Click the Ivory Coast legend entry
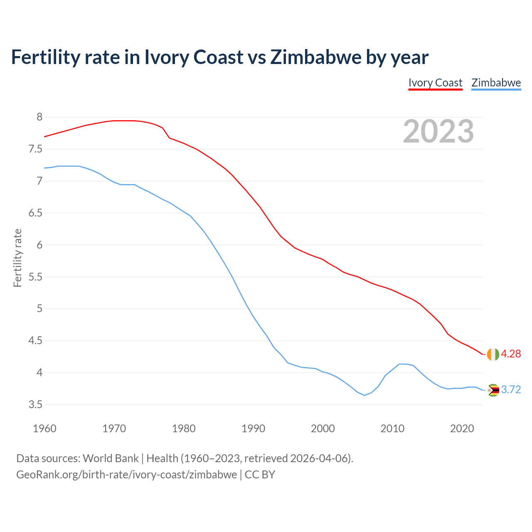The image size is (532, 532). point(435,83)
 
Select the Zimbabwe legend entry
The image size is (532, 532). point(496,83)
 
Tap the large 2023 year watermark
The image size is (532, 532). point(438,131)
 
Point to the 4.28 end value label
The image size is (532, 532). point(511,354)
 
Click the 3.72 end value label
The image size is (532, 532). point(511,389)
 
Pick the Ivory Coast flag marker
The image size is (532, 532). point(493,354)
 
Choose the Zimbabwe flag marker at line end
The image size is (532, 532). point(493,390)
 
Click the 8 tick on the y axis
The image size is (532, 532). point(39,117)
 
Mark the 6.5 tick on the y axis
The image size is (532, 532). point(36,213)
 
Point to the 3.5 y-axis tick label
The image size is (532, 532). point(36,404)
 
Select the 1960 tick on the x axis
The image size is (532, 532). point(44,429)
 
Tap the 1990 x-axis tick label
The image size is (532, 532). point(253,429)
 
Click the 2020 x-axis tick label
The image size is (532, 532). point(462,429)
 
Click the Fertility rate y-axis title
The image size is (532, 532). point(17,258)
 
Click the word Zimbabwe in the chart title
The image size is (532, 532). point(315,57)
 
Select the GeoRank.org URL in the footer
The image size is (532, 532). point(126,474)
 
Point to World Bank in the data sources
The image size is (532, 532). point(111,458)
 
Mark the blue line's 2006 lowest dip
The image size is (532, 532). point(365,395)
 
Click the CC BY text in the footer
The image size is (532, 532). point(260,474)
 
